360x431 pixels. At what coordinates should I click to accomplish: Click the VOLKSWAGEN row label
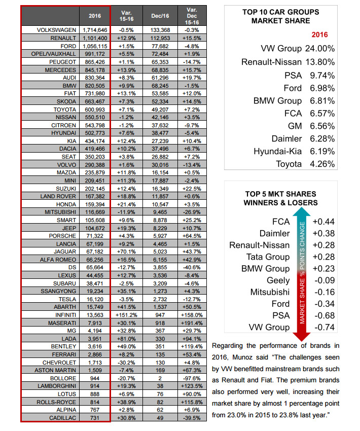[x=56, y=30]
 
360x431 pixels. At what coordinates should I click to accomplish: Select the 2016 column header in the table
[x=95, y=16]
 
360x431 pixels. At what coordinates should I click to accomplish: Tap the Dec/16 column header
[x=160, y=16]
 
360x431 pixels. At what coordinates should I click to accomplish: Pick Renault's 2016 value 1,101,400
[x=95, y=38]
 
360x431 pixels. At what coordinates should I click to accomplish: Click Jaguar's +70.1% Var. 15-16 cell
[x=126, y=252]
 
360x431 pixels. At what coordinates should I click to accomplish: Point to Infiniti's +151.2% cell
[x=126, y=315]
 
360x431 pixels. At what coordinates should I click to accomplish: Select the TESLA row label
[x=67, y=299]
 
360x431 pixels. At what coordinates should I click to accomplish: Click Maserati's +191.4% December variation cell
[x=192, y=322]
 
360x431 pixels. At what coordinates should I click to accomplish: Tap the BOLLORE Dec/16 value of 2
[x=160, y=378]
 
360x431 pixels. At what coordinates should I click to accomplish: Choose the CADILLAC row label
[x=63, y=418]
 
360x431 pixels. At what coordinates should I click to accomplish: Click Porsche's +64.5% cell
[x=192, y=236]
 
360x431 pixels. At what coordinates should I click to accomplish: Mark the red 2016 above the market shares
[x=319, y=34]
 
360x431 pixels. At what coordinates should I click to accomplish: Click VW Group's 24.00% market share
[x=320, y=49]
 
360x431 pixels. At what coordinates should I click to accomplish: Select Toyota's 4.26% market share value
[x=322, y=164]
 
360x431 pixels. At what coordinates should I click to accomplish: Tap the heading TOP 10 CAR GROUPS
[x=280, y=12]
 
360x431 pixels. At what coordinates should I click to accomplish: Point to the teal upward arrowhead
[x=302, y=211]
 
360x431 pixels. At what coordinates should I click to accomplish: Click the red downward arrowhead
[x=302, y=337]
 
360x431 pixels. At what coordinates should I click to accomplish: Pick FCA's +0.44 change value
[x=323, y=222]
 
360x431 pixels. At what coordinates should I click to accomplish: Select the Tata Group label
[x=268, y=257]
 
